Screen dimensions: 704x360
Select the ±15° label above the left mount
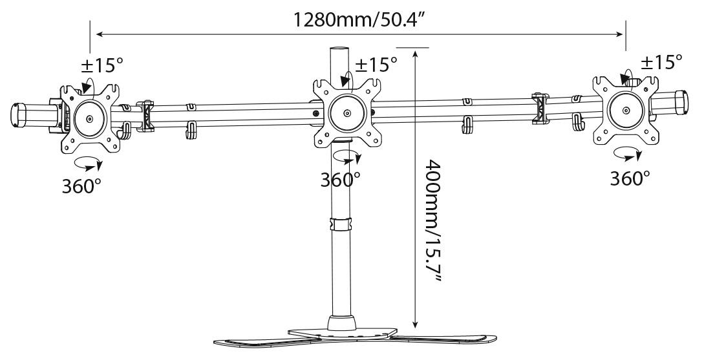pos(102,66)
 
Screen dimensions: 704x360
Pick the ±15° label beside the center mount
pos(376,64)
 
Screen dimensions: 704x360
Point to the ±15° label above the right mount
pos(661,62)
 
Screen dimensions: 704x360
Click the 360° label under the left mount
pos(81,185)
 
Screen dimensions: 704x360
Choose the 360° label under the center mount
pos(340,180)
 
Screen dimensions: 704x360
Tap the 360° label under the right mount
pos(630,178)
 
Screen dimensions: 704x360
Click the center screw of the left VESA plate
pos(90,119)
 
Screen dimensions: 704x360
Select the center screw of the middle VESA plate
pos(346,114)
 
